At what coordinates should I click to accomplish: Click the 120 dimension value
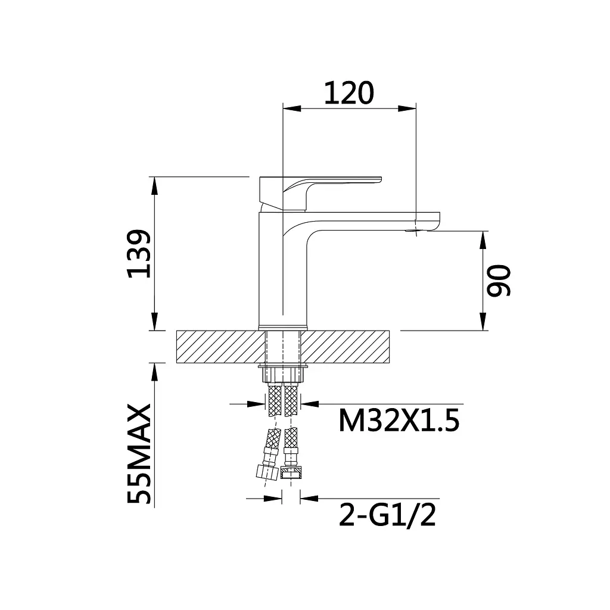(349, 94)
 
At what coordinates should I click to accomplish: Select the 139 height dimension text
(139, 254)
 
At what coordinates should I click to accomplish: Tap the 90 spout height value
(499, 281)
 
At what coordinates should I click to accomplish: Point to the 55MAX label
(139, 453)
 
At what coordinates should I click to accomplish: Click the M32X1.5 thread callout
(399, 421)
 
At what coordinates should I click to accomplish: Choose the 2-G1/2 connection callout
(387, 515)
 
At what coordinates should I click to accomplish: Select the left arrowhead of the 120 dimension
(292, 108)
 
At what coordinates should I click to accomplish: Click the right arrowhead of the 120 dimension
(407, 108)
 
